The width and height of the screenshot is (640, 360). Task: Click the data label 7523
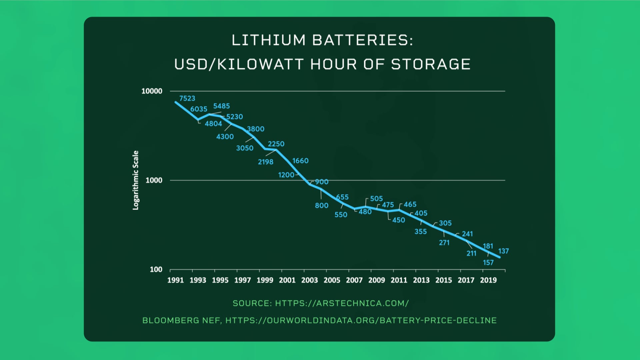187,98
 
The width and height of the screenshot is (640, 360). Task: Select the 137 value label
503,251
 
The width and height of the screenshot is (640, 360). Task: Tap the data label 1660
300,161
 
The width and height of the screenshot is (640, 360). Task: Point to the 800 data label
322,205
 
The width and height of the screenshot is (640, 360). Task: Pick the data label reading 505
376,199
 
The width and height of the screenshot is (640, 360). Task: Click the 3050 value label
245,148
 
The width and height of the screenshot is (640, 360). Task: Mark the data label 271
444,243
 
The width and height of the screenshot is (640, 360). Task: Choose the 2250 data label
276,144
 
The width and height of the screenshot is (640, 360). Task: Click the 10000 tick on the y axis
152,91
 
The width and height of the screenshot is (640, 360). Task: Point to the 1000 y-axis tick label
154,180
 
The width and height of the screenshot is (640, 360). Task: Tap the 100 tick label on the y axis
156,269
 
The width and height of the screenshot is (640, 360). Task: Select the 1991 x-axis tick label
175,280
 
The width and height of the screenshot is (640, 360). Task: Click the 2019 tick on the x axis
488,280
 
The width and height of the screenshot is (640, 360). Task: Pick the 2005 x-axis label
332,280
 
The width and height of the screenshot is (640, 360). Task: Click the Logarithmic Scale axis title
135,180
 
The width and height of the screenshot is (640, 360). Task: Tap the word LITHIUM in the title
268,40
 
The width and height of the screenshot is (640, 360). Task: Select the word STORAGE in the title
430,64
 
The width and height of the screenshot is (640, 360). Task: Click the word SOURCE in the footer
252,303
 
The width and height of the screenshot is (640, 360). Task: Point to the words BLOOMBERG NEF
181,320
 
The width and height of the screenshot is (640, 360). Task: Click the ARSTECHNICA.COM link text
362,303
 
